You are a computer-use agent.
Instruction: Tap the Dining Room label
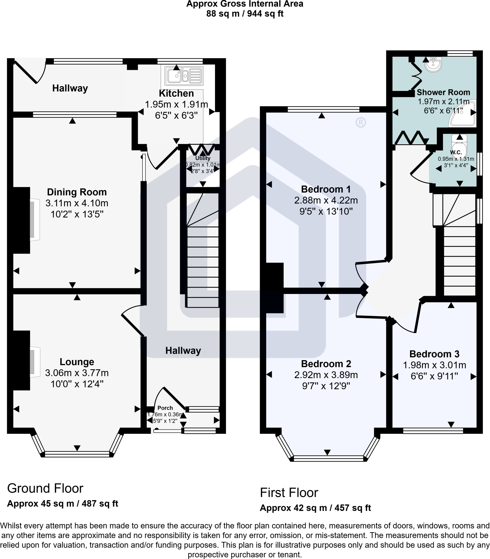[77, 192]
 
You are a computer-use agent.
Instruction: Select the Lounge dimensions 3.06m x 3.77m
[77, 373]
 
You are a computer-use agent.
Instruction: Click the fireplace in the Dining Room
[34, 220]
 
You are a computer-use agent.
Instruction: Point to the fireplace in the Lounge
[34, 362]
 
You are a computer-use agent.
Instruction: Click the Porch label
[165, 408]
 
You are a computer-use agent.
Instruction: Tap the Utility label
[203, 158]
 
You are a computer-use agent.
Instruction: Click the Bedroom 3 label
[434, 354]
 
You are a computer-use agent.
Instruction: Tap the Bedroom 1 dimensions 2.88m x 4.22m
[326, 200]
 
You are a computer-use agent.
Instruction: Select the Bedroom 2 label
[326, 364]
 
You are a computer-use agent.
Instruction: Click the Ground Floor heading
[45, 488]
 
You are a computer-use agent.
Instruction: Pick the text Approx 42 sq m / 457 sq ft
[315, 508]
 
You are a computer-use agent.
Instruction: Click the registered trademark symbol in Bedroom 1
[361, 123]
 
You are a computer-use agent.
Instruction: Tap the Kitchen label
[176, 93]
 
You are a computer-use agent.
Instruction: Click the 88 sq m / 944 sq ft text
[245, 14]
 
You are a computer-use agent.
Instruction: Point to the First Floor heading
[289, 493]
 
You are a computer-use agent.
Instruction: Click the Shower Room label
[443, 92]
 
